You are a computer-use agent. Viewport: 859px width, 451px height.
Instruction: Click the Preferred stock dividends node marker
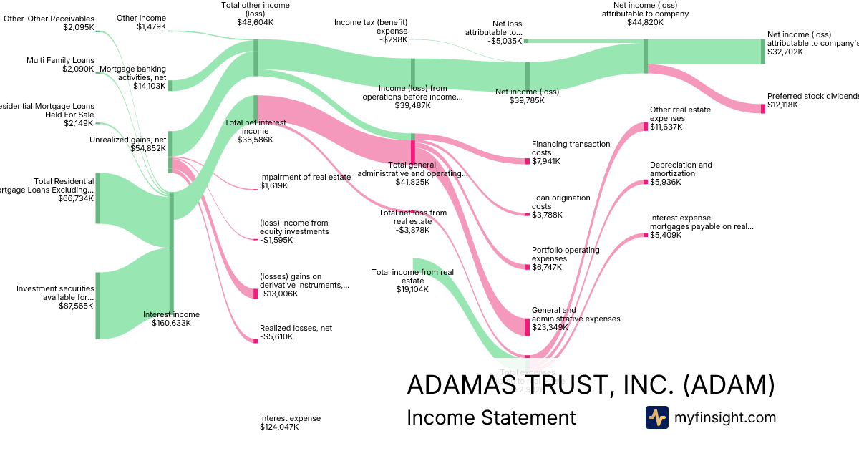click(x=763, y=108)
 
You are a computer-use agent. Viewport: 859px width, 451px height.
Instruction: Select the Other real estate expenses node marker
click(x=645, y=127)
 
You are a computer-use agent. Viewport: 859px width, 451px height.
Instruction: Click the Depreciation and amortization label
click(x=681, y=169)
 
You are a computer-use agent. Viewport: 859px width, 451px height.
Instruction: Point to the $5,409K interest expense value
click(x=666, y=235)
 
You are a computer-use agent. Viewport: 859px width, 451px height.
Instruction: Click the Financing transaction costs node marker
click(x=528, y=160)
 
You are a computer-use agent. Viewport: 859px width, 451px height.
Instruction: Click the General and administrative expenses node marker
click(x=528, y=327)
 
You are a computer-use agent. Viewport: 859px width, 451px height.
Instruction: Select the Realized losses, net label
click(x=296, y=328)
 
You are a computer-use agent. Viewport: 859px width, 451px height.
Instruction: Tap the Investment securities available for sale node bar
click(x=98, y=306)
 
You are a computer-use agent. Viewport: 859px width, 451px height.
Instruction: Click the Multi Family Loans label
click(x=60, y=60)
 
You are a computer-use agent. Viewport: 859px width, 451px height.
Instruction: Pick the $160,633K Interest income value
click(x=171, y=323)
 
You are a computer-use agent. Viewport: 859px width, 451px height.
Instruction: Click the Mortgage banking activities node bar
click(x=170, y=86)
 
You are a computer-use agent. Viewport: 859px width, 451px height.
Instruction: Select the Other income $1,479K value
click(x=151, y=27)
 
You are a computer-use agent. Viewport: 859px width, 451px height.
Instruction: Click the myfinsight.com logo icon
click(x=656, y=417)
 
